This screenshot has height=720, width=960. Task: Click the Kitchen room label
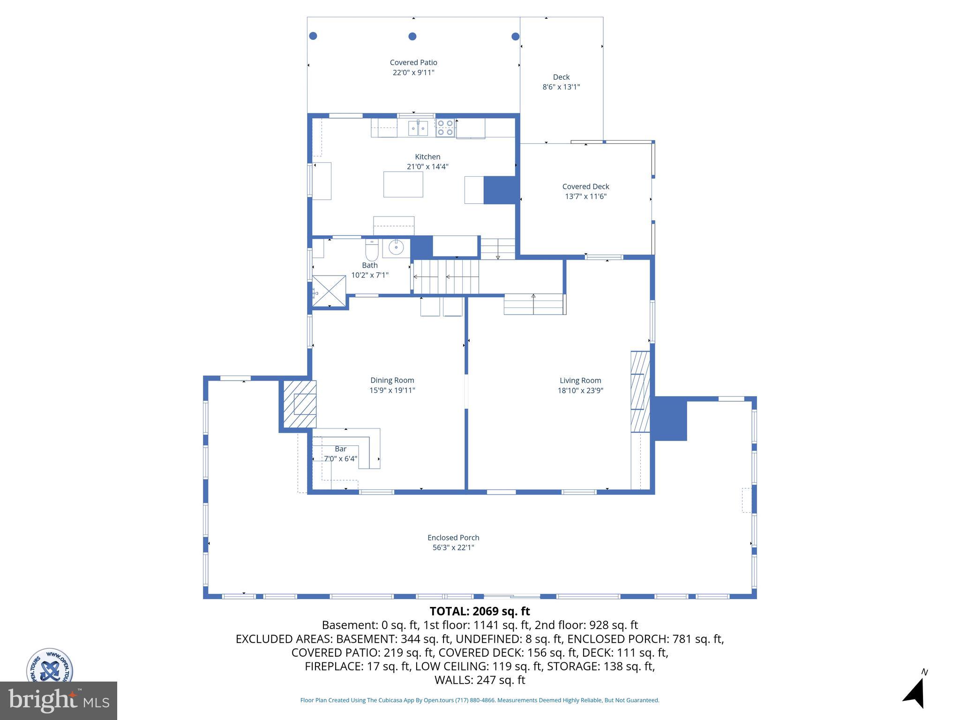[x=427, y=157]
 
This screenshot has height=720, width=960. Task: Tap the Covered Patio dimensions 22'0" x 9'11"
[x=413, y=73]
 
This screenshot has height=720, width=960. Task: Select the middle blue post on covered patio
[x=412, y=36]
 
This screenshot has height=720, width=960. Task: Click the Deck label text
[x=561, y=77]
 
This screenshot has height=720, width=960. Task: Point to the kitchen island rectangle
[x=403, y=184]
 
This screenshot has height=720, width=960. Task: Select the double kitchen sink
[x=418, y=128]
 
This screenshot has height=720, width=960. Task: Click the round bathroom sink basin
[x=396, y=247]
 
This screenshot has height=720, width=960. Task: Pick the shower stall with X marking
[x=329, y=291]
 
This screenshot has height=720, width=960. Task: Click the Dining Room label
[x=392, y=380]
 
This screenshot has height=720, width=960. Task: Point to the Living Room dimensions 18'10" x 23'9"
[x=580, y=390]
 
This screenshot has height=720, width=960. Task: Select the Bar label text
[x=341, y=449]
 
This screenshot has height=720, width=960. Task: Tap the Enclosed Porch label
[x=453, y=538]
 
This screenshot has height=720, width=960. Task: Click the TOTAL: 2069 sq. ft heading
[x=480, y=611]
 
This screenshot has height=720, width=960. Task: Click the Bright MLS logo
[x=59, y=700]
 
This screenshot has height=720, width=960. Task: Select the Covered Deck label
[x=585, y=187]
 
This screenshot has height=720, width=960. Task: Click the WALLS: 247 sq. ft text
[x=480, y=680]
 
